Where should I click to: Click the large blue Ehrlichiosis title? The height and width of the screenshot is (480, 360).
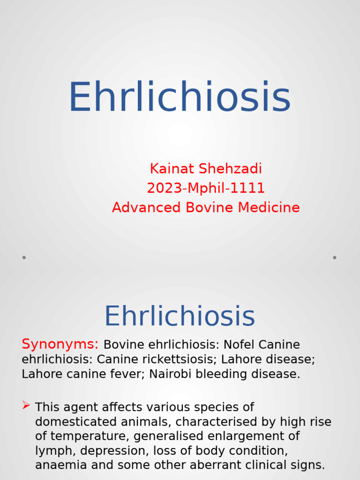[x=180, y=97]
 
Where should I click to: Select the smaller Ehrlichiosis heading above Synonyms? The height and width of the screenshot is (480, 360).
[x=180, y=316]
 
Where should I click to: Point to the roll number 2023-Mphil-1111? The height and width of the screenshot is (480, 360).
[x=206, y=188]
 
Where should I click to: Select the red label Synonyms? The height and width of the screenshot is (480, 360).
[x=60, y=344]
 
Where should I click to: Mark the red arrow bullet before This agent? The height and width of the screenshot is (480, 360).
[x=26, y=405]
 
